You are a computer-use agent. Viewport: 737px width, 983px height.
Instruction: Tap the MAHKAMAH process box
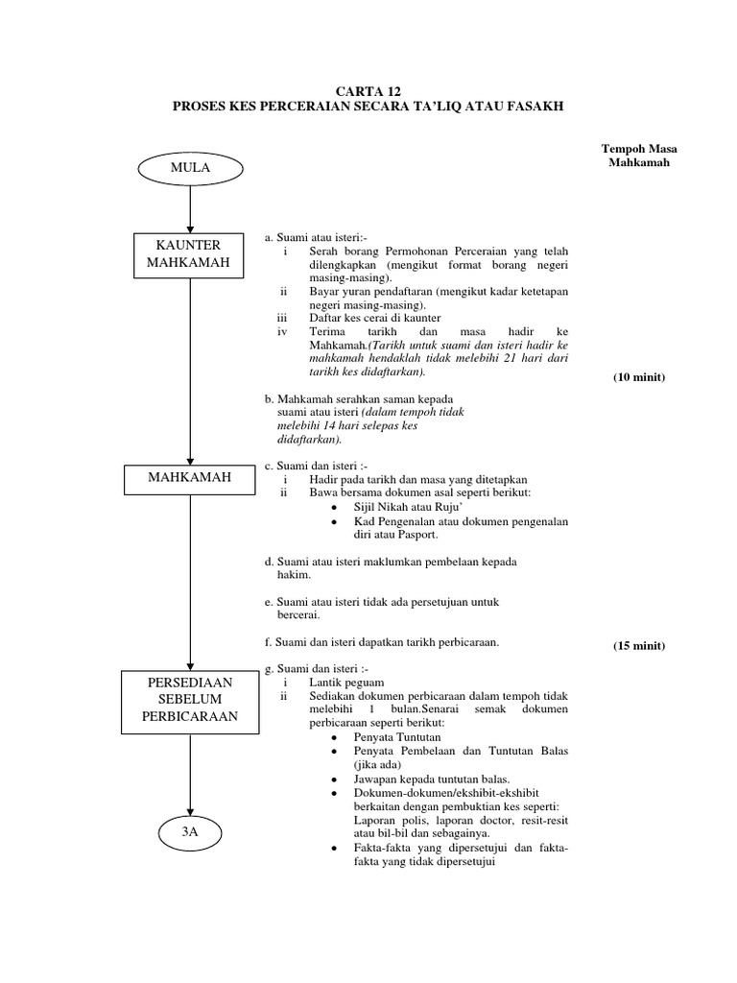click(x=190, y=477)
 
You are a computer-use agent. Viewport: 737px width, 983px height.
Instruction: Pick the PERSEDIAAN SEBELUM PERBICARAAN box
click(x=190, y=699)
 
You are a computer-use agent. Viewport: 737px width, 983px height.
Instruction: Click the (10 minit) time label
click(x=639, y=377)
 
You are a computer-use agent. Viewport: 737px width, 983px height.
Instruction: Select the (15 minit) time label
click(x=639, y=645)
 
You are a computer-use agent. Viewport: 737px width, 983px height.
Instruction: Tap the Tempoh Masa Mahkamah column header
click(x=632, y=155)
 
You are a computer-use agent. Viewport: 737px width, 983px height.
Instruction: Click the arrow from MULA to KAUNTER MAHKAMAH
click(x=190, y=207)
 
